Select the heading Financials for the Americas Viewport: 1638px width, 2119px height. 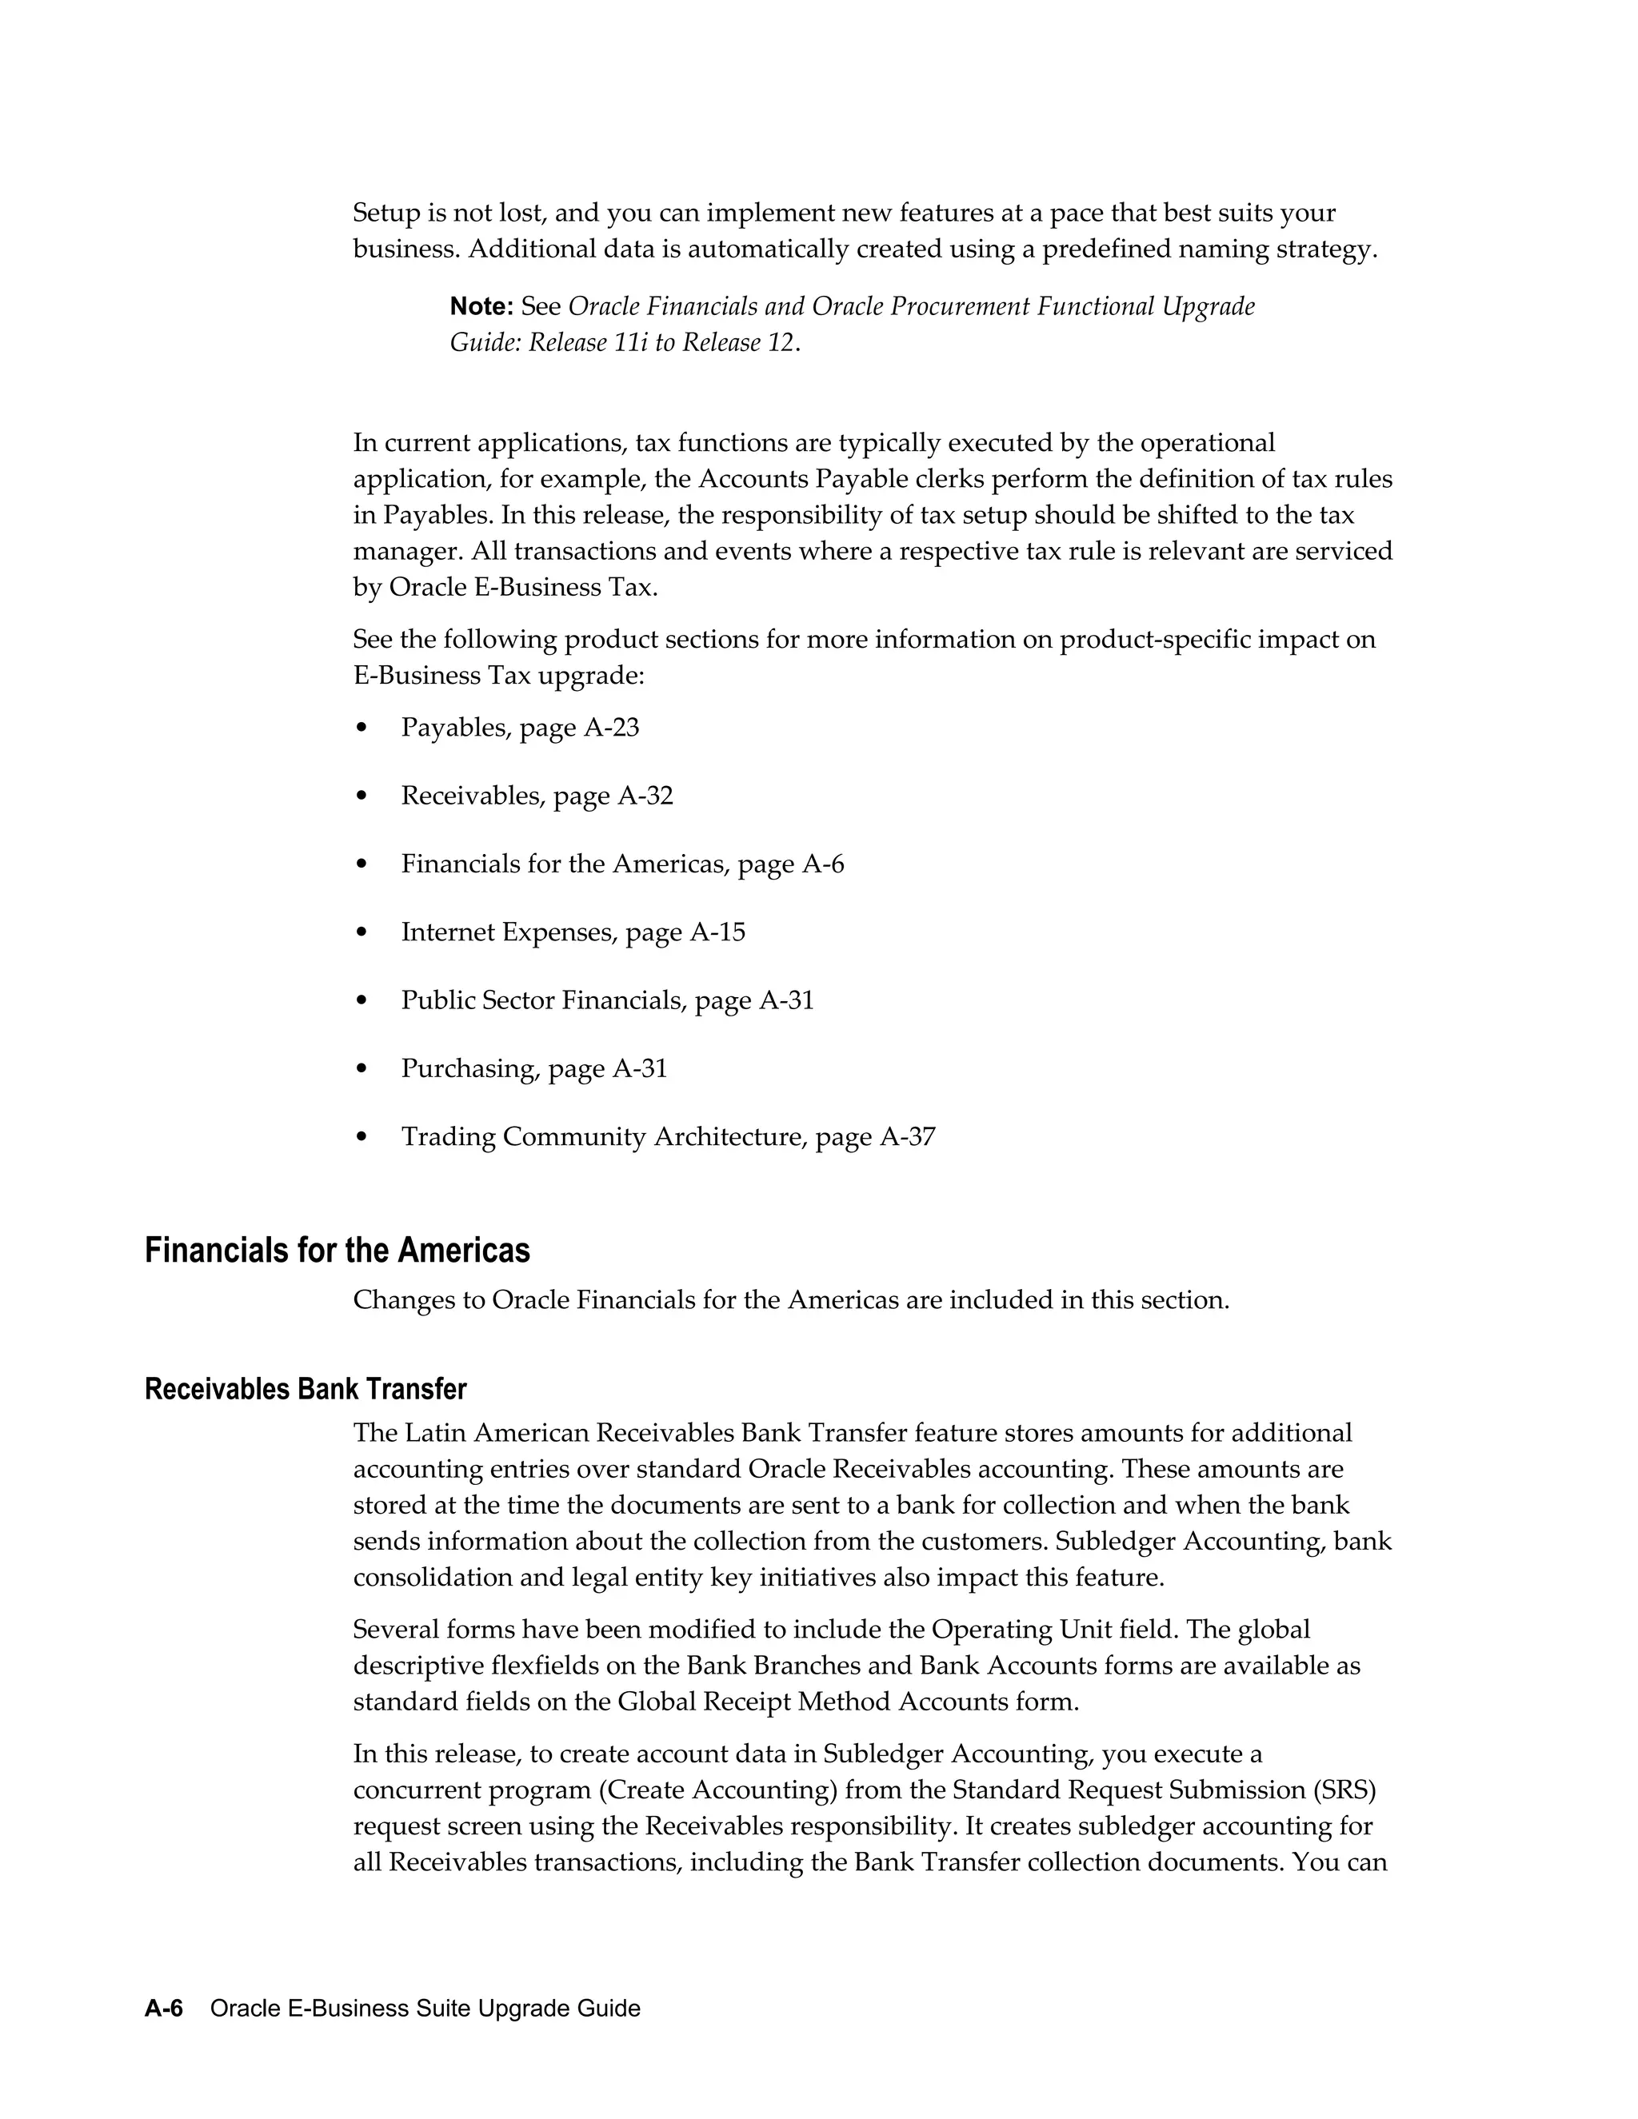pyautogui.click(x=337, y=1251)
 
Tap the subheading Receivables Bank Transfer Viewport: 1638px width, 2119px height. pyautogui.click(x=305, y=1390)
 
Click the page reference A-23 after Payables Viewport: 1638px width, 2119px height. pyautogui.click(x=611, y=728)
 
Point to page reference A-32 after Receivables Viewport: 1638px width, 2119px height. pyautogui.click(x=645, y=796)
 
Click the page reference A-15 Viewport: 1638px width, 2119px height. pyautogui.click(x=717, y=932)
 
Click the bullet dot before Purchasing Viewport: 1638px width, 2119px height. pyautogui.click(x=362, y=1069)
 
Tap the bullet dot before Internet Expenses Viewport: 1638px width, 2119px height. pyautogui.click(x=362, y=933)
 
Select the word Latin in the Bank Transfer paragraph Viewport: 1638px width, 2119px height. pyautogui.click(x=433, y=1433)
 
